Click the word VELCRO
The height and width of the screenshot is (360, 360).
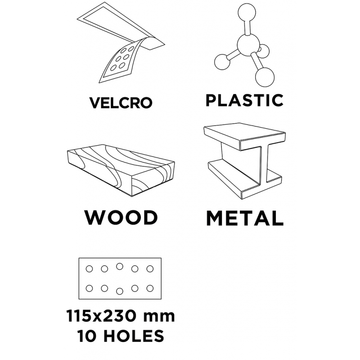coord(121,103)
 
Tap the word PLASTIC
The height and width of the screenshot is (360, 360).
coord(244,100)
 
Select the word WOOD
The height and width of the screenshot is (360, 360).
coord(121,217)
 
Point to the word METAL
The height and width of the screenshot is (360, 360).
coord(245,218)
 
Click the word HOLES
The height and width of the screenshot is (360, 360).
coord(134,336)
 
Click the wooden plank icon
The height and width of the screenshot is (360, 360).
coord(121,170)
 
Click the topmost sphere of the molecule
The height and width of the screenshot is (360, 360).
coord(247,13)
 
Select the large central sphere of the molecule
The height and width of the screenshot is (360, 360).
coord(248,45)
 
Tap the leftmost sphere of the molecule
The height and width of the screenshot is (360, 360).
coord(222,62)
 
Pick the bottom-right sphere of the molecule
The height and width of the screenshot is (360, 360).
coord(265,77)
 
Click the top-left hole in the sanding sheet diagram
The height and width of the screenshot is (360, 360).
coord(89,269)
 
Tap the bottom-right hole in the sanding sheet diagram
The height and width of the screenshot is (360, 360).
coord(150,288)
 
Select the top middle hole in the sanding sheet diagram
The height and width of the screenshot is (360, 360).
coord(120,266)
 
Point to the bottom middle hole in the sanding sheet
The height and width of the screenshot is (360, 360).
coord(120,291)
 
